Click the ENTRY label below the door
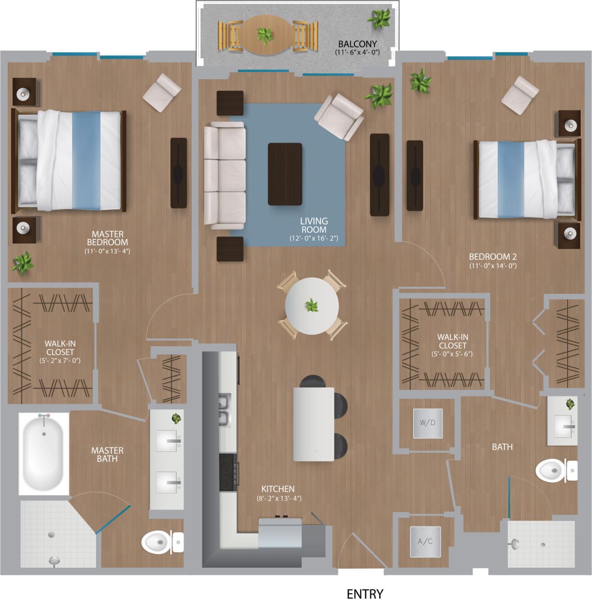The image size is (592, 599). pos(365,593)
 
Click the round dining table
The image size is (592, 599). pos(312,306)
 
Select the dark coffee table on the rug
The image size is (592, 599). pos(285,174)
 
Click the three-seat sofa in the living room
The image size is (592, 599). pos(224,175)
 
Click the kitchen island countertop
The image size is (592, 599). pos(314,424)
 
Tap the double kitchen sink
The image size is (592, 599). pos(224,410)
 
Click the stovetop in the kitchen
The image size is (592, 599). pos(228,472)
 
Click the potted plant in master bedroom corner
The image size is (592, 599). pos(22,263)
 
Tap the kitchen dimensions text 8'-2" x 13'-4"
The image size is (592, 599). pos(278,498)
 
